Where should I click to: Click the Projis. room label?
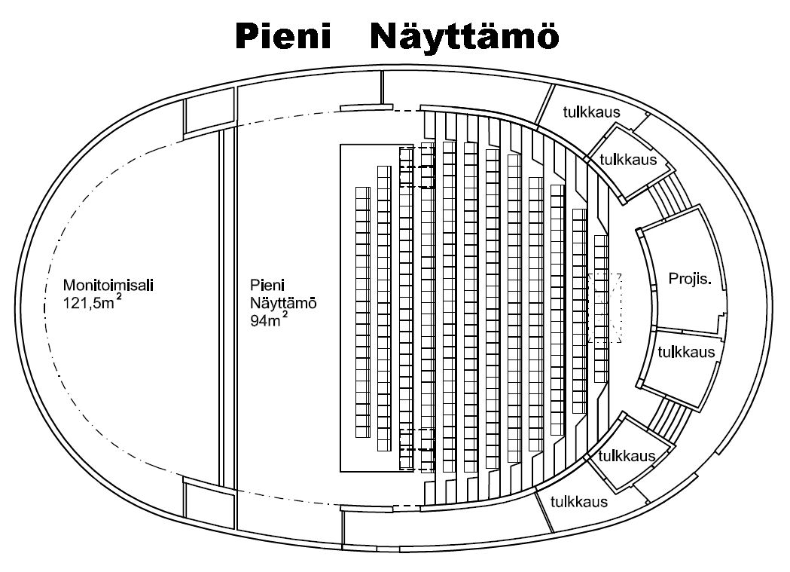tap(690, 280)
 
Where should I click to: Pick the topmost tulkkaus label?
tap(591, 113)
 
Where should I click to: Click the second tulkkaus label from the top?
tap(628, 160)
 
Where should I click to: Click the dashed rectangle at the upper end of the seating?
tap(417, 167)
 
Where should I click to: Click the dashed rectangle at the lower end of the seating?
tap(417, 449)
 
